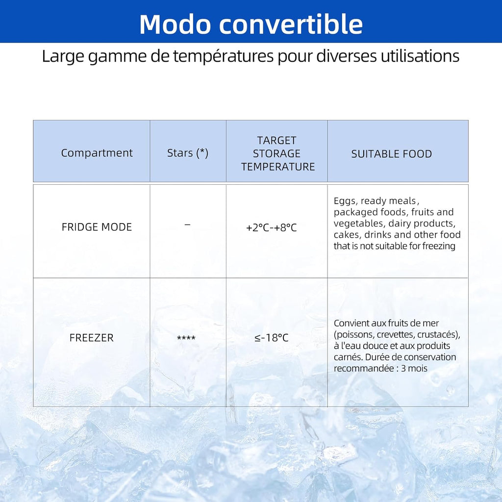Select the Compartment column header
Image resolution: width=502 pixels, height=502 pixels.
[97, 153]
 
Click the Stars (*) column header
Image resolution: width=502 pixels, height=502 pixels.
[188, 153]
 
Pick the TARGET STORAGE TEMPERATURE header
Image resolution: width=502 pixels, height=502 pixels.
[278, 153]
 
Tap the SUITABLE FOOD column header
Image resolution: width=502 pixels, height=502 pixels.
[391, 154]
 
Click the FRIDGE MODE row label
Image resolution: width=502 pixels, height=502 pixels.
[97, 227]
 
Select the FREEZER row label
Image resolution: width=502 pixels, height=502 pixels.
[91, 338]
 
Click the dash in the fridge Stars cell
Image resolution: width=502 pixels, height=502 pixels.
[187, 224]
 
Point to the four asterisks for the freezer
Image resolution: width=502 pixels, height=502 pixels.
[186, 338]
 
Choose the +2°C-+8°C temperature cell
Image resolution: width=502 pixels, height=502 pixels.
[272, 227]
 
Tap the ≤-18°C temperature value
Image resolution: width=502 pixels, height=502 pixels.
[272, 338]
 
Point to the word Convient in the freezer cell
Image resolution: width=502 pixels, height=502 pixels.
[351, 323]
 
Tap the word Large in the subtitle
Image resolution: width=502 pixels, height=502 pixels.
[60, 56]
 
